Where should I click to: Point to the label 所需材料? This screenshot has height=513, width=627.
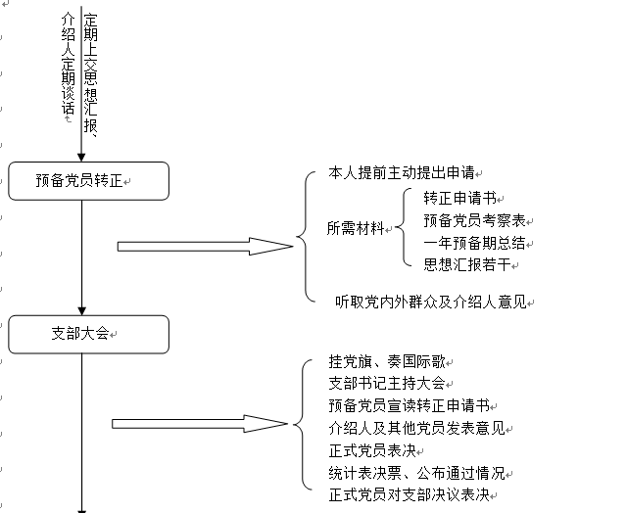tap(356, 228)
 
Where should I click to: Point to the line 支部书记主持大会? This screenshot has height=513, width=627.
tap(387, 383)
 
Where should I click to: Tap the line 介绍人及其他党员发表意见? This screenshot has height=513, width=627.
tap(415, 428)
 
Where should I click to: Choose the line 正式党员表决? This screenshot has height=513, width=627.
tap(373, 450)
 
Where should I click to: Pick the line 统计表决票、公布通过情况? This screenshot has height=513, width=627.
tap(416, 473)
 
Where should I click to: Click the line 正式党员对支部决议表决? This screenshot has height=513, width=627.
tap(409, 495)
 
